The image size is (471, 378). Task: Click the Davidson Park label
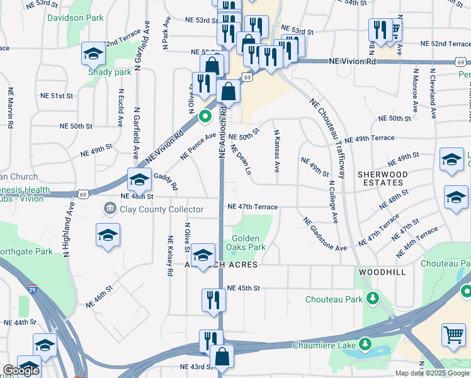tap(75, 18)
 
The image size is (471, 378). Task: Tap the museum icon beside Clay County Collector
tap(110, 208)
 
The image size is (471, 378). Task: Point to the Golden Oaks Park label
tap(248, 243)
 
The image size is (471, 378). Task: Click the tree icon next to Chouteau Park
tap(373, 297)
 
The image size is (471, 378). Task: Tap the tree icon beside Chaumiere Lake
tap(365, 344)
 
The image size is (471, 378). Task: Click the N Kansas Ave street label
tap(276, 151)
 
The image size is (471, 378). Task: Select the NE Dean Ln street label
tap(241, 160)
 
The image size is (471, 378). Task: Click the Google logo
tap(21, 370)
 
